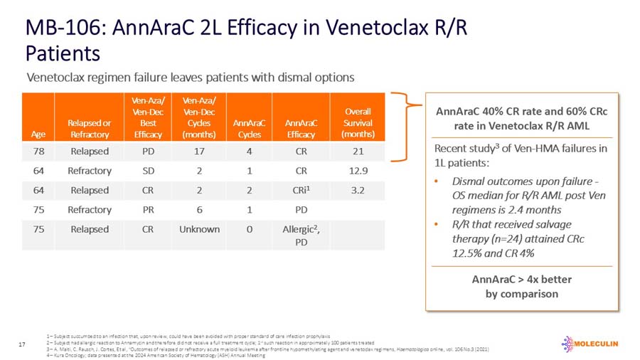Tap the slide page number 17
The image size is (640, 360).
22,345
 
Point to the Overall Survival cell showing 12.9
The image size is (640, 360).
362,171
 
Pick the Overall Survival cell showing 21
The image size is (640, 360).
362,151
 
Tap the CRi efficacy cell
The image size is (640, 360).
301,190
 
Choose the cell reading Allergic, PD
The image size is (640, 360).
301,235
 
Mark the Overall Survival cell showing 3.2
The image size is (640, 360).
362,190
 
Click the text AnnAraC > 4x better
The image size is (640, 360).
521,279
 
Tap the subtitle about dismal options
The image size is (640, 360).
190,76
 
